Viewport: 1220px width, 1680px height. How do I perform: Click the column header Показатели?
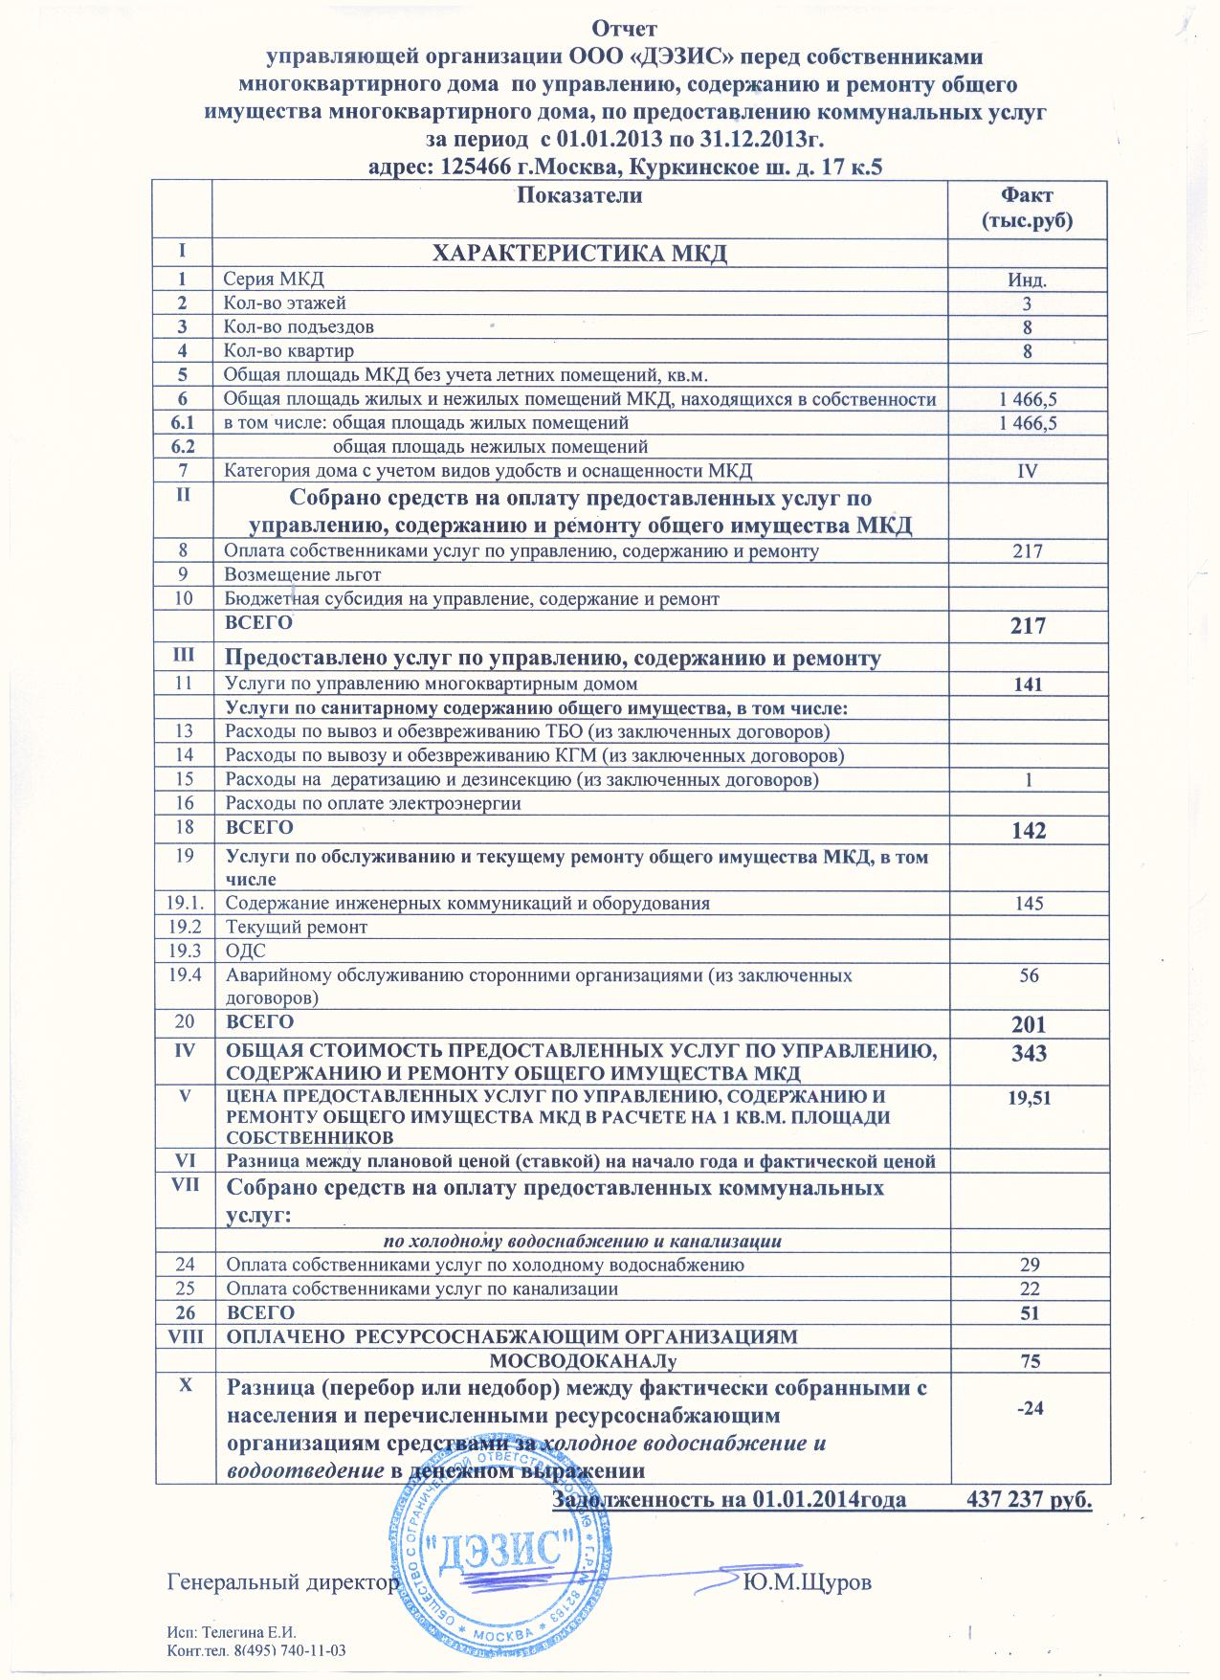pos(579,195)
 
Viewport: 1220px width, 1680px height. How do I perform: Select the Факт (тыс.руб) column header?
pos(1027,207)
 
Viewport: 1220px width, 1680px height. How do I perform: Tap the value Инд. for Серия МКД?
pos(1028,280)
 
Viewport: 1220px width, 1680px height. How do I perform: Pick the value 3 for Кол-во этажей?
pos(1028,304)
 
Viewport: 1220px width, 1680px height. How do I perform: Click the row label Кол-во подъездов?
pos(299,326)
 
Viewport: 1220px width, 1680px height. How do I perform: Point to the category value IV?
pos(1028,470)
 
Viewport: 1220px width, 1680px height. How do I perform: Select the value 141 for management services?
pos(1028,684)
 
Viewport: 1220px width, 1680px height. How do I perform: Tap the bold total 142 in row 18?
pos(1028,830)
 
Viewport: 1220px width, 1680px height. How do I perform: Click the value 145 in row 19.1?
pos(1028,904)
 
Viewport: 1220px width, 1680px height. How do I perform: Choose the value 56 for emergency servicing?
pos(1028,975)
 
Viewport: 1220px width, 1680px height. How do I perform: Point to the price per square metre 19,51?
pos(1028,1100)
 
